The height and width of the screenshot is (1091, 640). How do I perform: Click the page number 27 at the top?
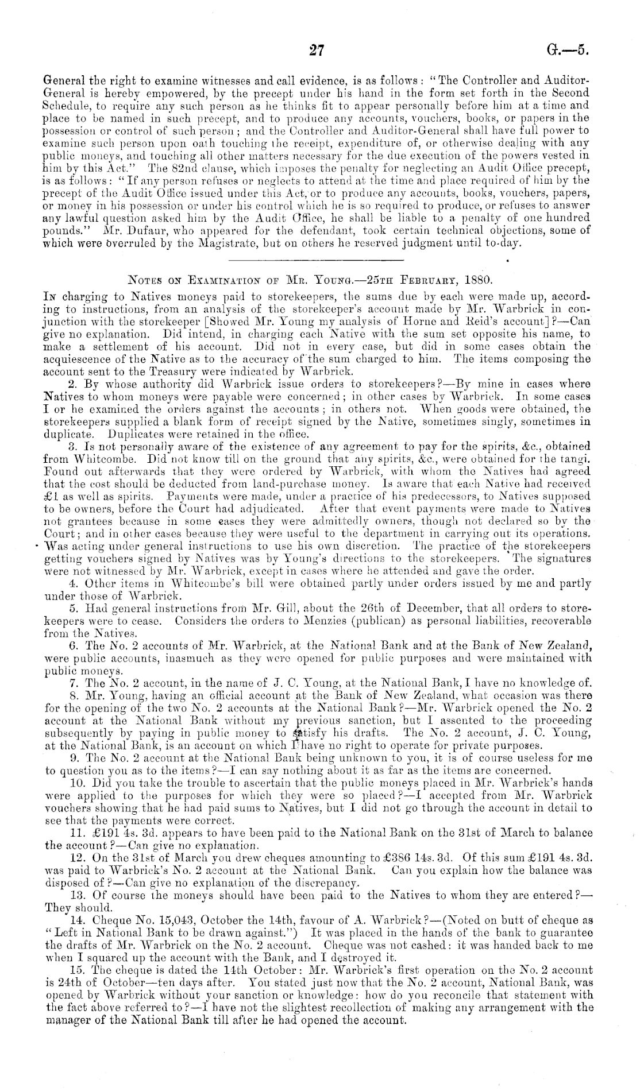(317, 50)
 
